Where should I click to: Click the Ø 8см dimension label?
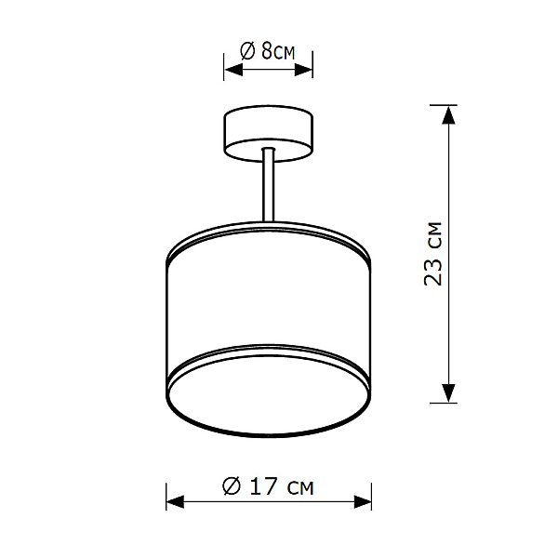(268, 51)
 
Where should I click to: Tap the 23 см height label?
(432, 254)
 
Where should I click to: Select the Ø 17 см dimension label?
(268, 485)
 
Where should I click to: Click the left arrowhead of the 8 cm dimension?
(233, 70)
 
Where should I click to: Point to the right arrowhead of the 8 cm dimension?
(303, 70)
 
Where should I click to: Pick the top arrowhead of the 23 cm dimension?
(448, 115)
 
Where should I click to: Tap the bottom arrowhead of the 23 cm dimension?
(448, 393)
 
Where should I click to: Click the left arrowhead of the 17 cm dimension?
(176, 502)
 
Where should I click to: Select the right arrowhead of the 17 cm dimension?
(363, 502)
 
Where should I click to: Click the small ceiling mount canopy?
(269, 133)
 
